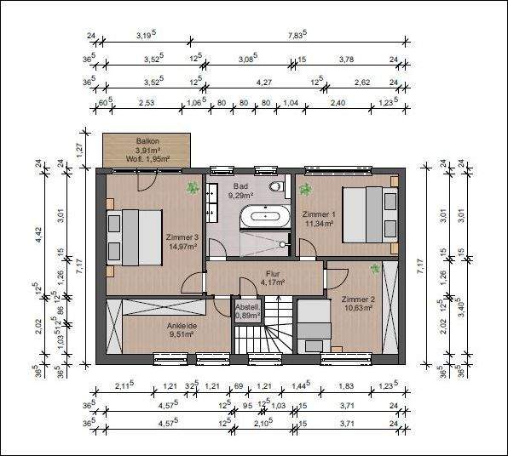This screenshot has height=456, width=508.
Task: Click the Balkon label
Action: click(x=147, y=141)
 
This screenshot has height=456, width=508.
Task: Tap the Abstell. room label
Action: click(x=247, y=308)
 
